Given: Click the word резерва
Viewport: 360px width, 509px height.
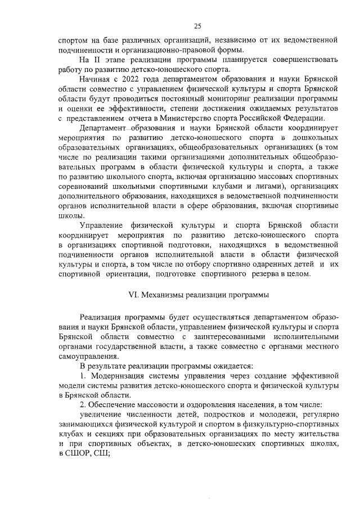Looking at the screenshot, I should tap(262, 274).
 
